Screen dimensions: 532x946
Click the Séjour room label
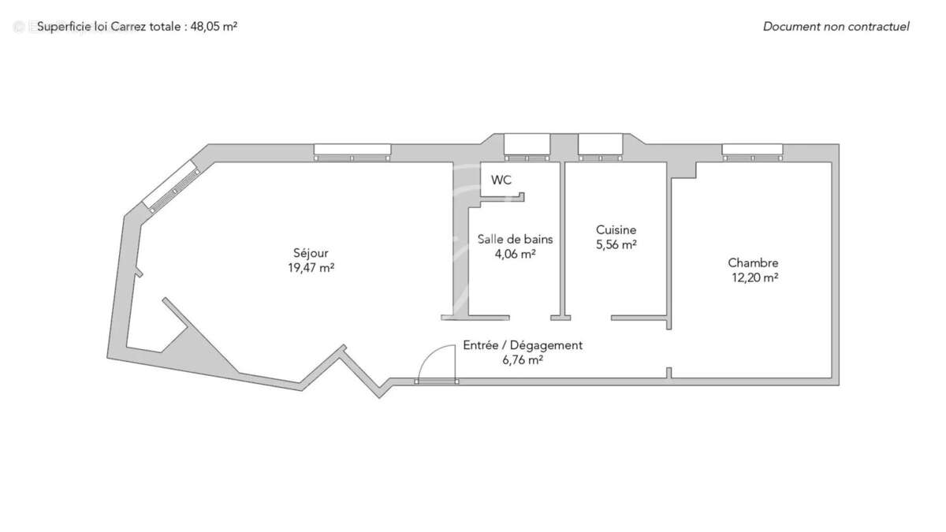(x=310, y=253)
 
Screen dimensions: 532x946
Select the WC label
(x=501, y=180)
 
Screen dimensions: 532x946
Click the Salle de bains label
(x=515, y=240)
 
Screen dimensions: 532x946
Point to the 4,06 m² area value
(x=515, y=254)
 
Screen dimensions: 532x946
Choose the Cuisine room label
(x=616, y=230)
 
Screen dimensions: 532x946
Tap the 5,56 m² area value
(x=616, y=244)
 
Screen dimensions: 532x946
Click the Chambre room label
(x=753, y=263)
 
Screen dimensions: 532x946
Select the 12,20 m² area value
(x=754, y=277)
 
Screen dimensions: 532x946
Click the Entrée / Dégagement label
(x=523, y=345)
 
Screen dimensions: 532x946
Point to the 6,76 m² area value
(x=523, y=360)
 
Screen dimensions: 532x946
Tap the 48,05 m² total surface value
(x=214, y=26)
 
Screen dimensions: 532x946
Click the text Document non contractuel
(x=836, y=27)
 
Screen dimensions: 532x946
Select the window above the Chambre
(x=752, y=152)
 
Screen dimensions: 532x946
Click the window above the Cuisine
(x=600, y=147)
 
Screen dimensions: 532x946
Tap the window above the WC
(x=527, y=147)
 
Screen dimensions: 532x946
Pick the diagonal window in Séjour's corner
(x=172, y=185)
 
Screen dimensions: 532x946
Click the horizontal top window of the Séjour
(x=352, y=152)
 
